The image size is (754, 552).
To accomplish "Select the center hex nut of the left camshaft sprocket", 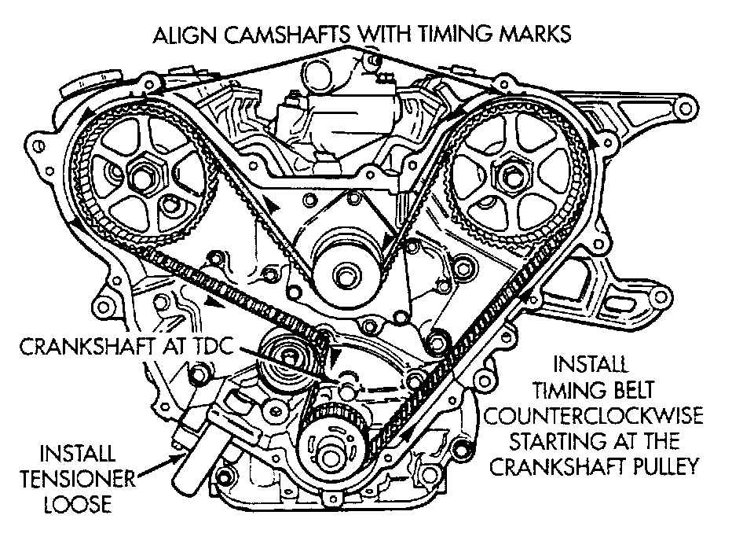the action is pos(143,178).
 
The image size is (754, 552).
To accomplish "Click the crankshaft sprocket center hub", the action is pos(331,454).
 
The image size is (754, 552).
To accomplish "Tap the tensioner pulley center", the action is pos(287,357).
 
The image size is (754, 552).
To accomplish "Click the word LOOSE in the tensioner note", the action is pos(78,504).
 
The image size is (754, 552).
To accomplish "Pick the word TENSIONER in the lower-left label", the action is pos(78,479).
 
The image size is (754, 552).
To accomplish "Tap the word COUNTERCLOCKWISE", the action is pos(593,415).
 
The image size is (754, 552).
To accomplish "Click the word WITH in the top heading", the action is pos(384,35).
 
